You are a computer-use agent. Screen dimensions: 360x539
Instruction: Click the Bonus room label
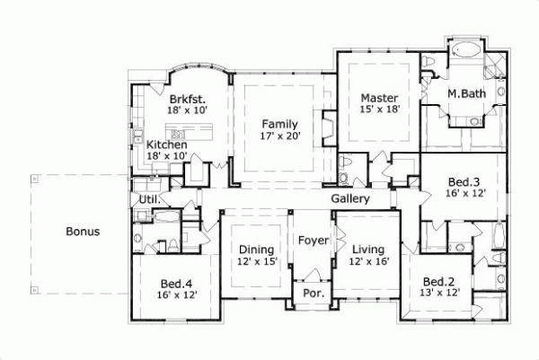point(83,232)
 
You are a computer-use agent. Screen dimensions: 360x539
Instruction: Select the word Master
point(379,98)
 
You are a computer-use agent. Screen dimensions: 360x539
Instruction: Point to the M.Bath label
point(467,92)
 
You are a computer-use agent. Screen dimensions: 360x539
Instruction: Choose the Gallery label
point(350,198)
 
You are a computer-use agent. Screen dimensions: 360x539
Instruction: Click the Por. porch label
point(313,294)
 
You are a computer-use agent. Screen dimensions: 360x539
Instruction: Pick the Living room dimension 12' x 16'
point(368,261)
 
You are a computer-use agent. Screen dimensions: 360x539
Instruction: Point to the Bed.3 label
point(466,181)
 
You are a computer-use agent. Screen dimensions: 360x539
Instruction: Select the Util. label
point(148,199)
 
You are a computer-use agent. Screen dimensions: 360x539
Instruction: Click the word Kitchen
point(167,145)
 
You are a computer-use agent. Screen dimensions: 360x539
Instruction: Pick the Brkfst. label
point(187,99)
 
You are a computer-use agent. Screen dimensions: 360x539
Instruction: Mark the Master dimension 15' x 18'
point(379,110)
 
